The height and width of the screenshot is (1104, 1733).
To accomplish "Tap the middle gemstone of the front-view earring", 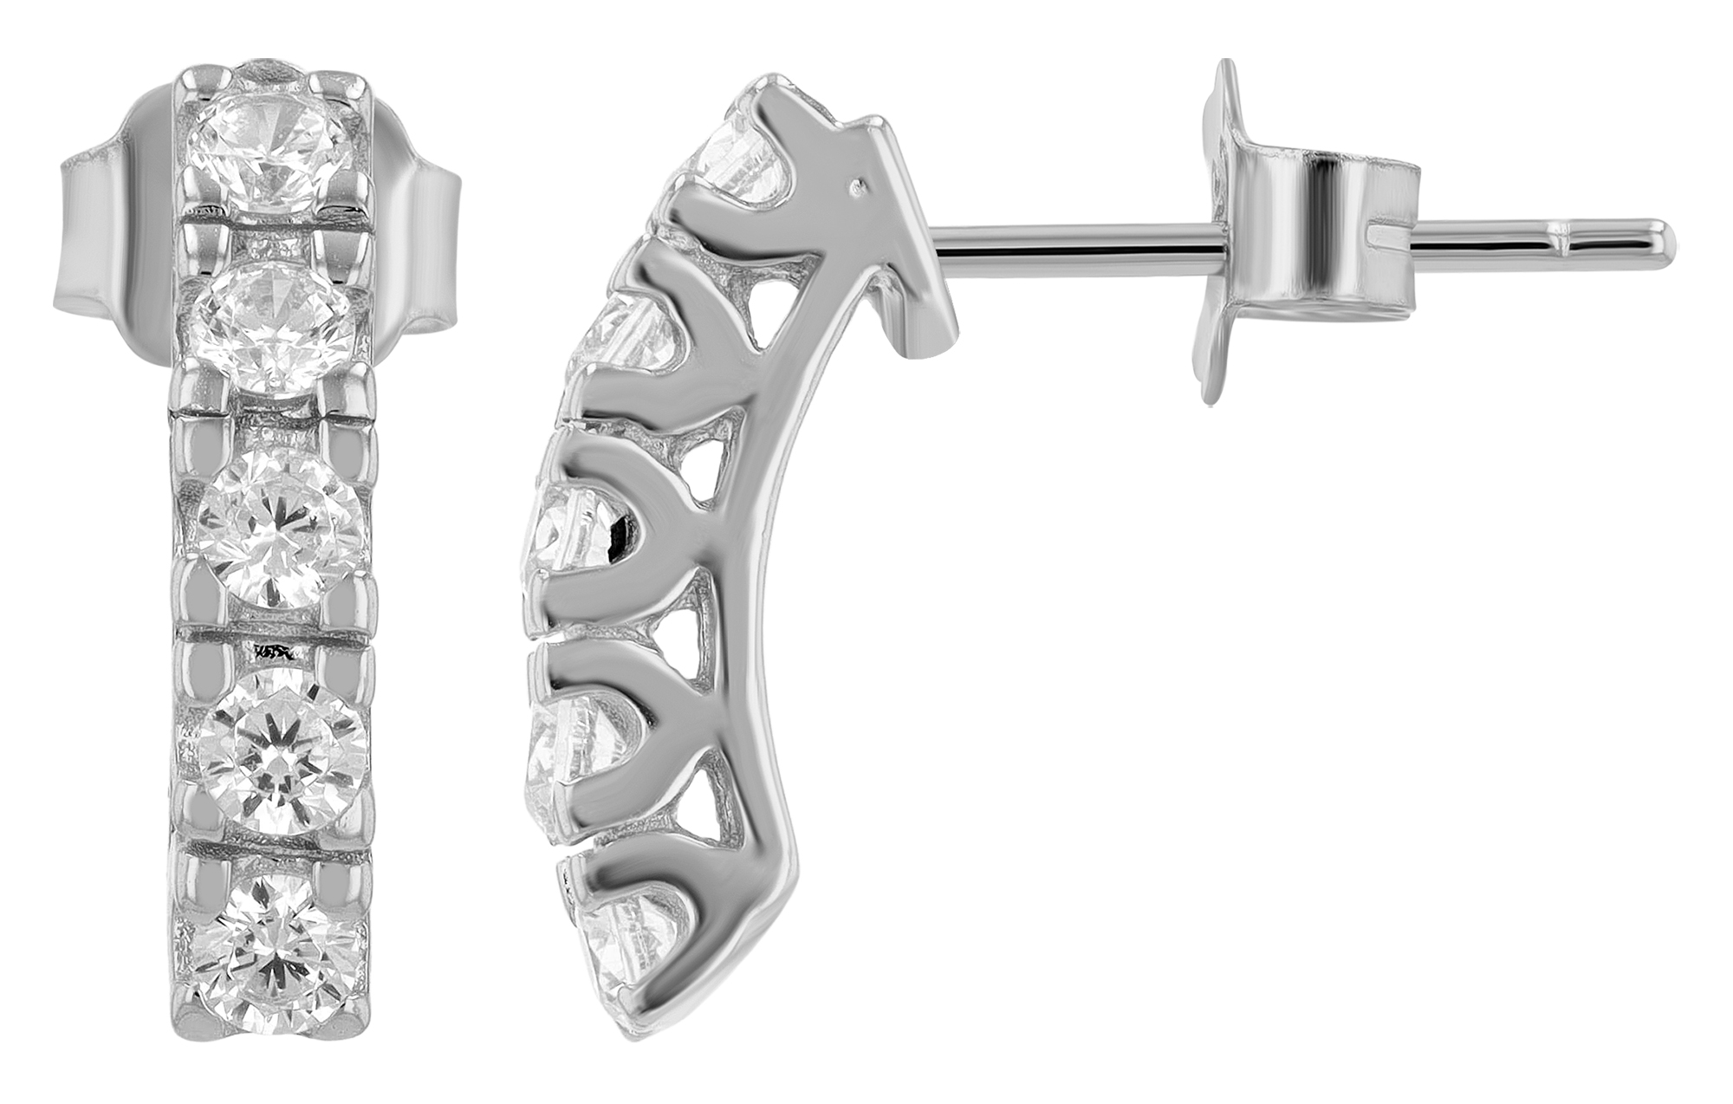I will [278, 530].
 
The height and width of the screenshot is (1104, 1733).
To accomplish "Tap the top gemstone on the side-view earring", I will [745, 165].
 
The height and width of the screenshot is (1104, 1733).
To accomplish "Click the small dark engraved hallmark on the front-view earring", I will [271, 649].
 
